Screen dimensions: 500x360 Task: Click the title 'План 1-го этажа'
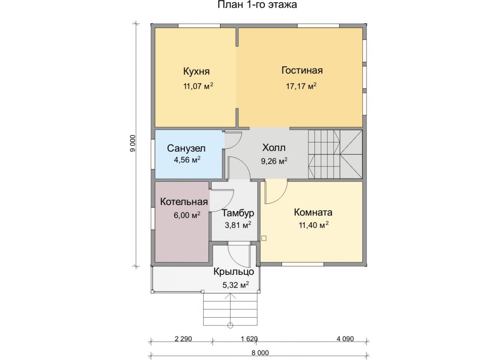(x=257, y=5)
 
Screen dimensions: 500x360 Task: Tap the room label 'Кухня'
(x=196, y=72)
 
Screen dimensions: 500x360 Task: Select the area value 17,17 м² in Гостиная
(x=301, y=86)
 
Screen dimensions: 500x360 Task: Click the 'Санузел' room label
(x=186, y=148)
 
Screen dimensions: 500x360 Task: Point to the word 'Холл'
(x=274, y=148)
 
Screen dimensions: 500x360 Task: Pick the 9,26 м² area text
(x=274, y=161)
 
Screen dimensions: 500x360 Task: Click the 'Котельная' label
(x=184, y=202)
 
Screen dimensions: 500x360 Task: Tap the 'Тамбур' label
(x=238, y=213)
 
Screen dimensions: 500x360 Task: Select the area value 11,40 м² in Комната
(x=314, y=225)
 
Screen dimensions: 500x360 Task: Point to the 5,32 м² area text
(x=236, y=285)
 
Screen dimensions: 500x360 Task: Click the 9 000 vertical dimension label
(x=132, y=144)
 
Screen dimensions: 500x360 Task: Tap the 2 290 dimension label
(x=183, y=339)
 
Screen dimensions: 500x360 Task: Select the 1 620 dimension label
(x=249, y=339)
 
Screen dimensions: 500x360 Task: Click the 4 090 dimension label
(x=345, y=339)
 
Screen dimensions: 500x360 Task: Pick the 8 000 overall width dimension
(x=260, y=353)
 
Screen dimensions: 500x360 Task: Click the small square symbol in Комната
(x=264, y=238)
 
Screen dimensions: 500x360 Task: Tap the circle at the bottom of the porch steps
(x=230, y=326)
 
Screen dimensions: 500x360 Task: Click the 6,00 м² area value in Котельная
(x=187, y=215)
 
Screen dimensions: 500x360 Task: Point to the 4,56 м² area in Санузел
(x=187, y=160)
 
